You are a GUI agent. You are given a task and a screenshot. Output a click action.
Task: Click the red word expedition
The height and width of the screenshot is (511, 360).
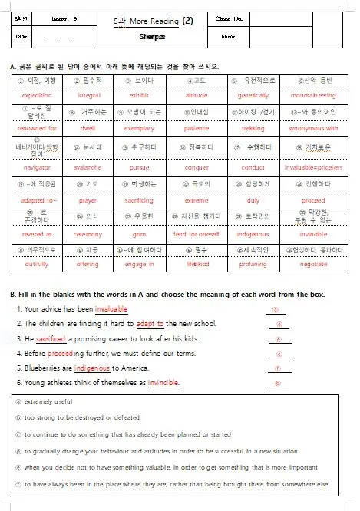[37, 96]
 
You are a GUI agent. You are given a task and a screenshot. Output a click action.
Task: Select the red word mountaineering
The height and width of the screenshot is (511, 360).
[313, 96]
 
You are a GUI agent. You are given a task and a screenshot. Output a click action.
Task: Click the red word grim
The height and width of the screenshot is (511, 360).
[141, 234]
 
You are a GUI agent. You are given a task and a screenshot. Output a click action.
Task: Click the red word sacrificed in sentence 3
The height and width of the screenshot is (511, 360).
[51, 338]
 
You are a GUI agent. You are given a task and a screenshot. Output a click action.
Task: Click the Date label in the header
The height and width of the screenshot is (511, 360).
[21, 36]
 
